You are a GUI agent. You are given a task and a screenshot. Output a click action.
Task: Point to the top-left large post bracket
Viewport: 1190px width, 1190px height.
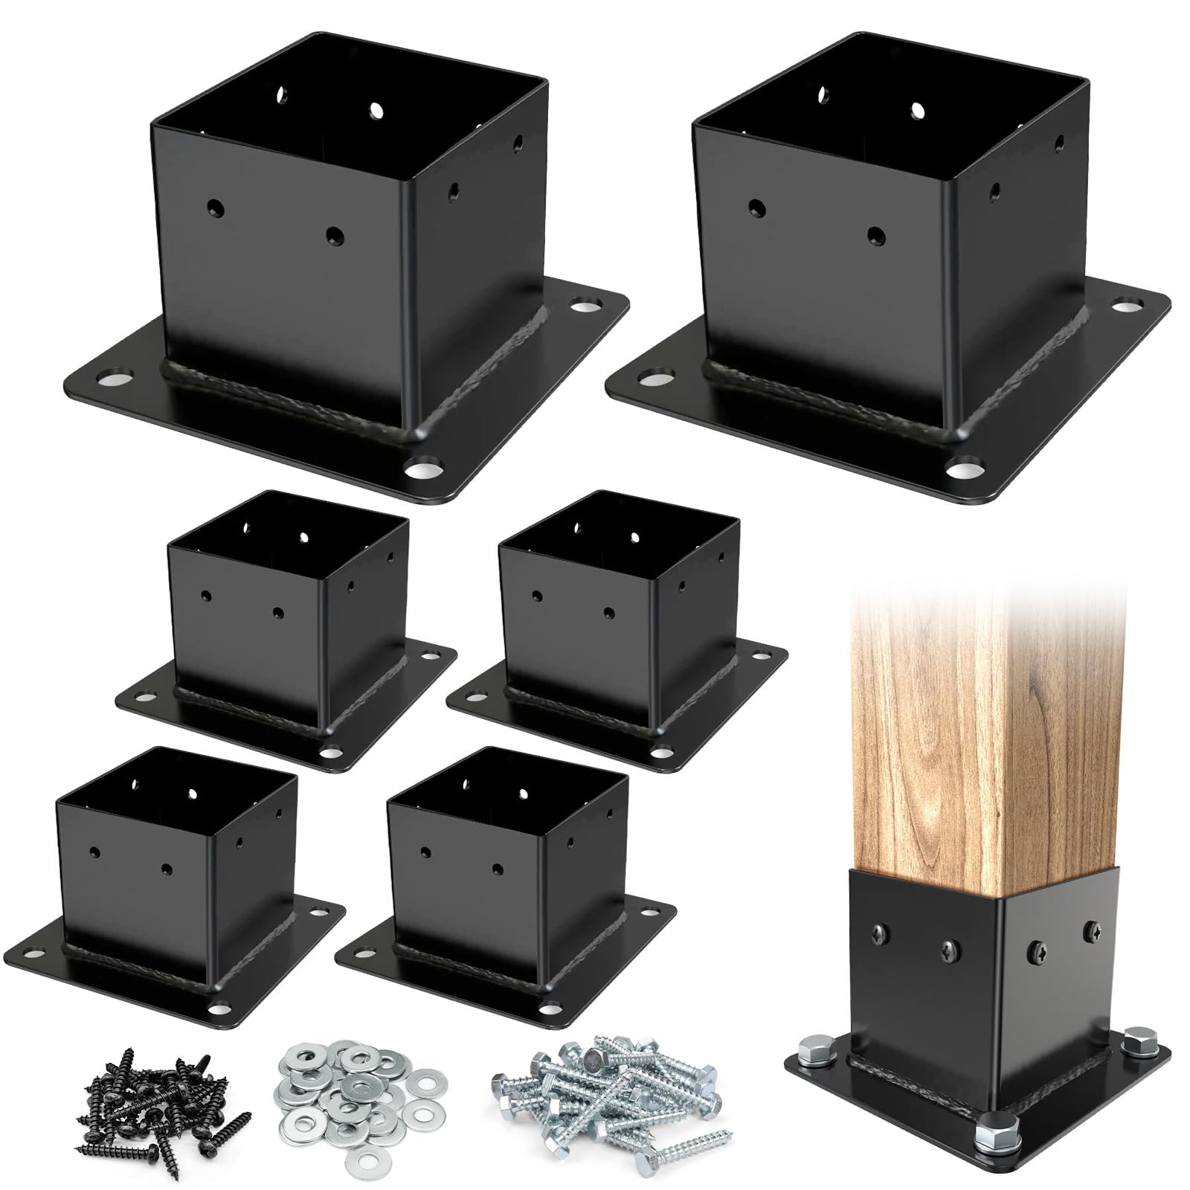pos(342,275)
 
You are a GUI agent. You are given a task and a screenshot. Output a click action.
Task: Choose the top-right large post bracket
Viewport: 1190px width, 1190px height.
pos(885,275)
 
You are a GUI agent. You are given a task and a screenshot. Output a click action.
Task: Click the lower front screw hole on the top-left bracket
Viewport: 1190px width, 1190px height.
pos(335,235)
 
